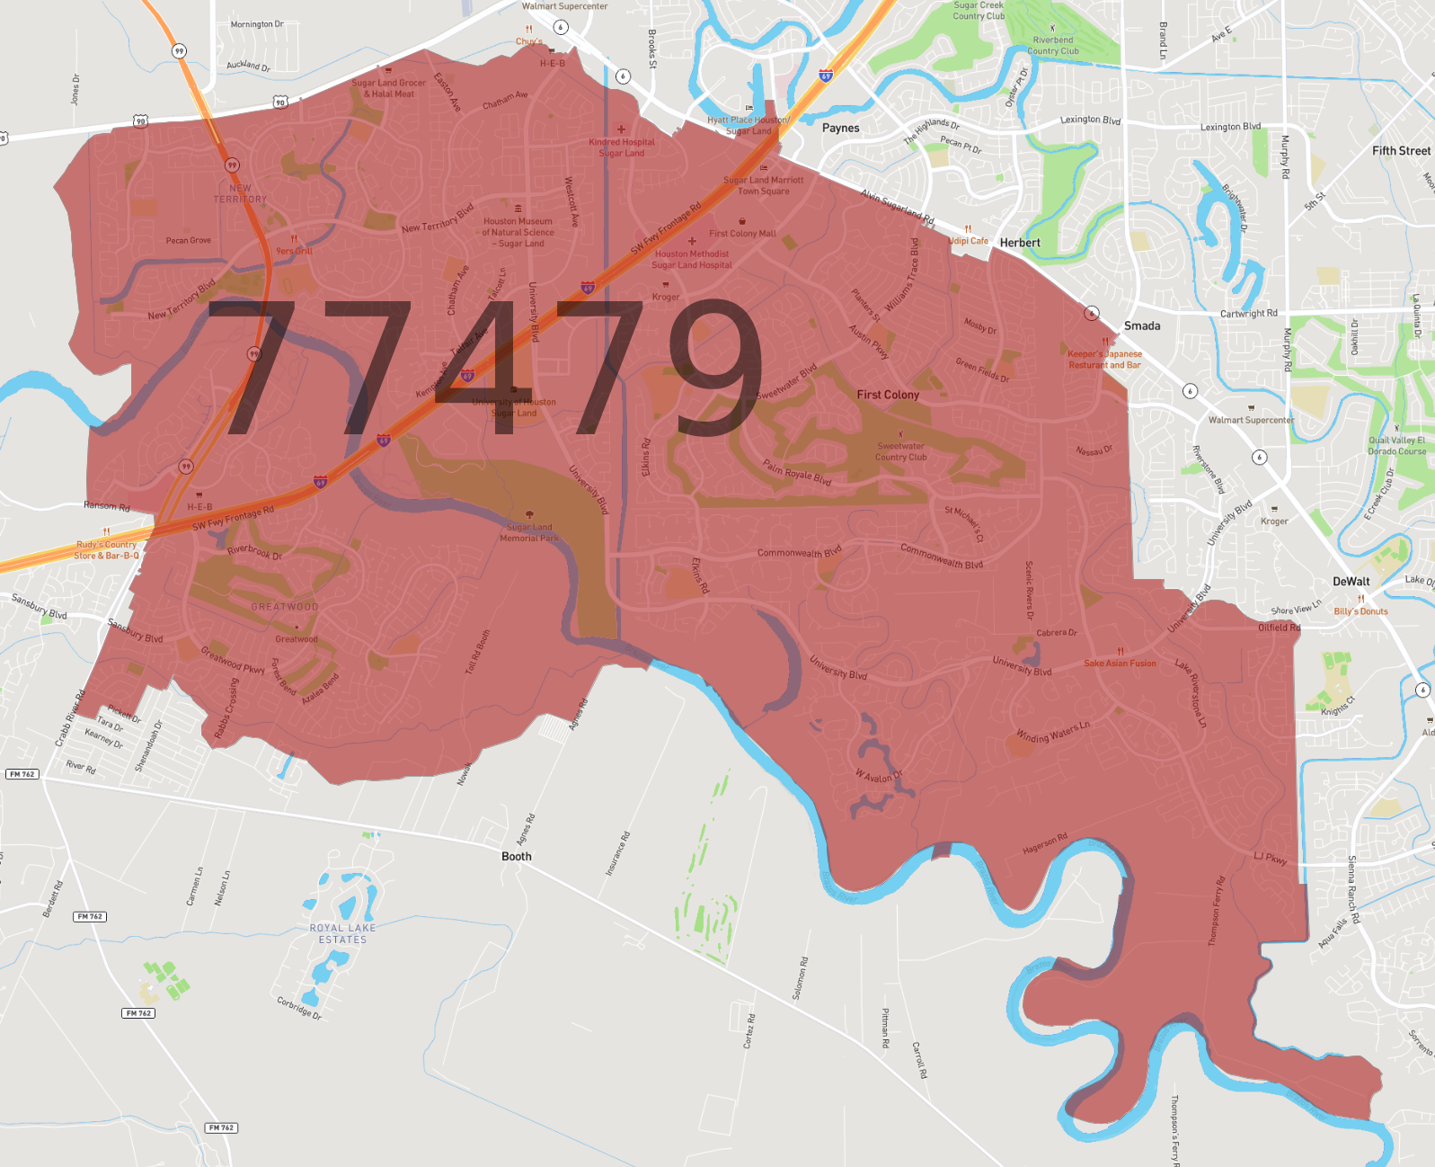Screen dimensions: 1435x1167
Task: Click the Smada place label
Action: (x=1141, y=325)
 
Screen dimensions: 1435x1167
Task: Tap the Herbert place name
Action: (x=1020, y=243)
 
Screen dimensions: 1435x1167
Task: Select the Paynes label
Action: (x=840, y=128)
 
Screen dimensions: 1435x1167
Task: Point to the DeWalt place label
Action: (x=1351, y=582)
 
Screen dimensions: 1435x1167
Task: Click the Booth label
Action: (x=516, y=857)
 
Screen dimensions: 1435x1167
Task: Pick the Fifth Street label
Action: (x=1401, y=151)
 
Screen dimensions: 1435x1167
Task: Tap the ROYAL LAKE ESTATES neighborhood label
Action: (x=342, y=933)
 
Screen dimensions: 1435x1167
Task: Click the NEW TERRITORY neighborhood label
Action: (x=240, y=194)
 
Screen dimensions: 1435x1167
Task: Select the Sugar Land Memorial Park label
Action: (x=529, y=532)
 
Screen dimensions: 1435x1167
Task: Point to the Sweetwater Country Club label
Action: (x=900, y=451)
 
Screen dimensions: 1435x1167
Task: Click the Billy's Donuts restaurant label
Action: (x=1360, y=611)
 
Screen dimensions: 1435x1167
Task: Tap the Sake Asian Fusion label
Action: (x=1120, y=664)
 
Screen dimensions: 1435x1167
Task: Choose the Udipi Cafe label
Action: (x=968, y=241)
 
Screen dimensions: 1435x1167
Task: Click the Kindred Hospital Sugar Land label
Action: (x=622, y=147)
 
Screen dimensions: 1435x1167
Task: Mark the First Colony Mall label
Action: (x=742, y=234)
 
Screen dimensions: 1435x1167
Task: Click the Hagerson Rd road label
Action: (x=1045, y=843)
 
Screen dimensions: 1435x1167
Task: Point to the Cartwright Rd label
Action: (x=1248, y=314)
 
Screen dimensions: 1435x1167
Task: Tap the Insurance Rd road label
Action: (x=617, y=853)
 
